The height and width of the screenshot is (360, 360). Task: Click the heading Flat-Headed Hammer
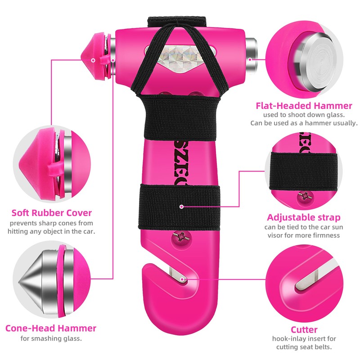tap(304, 106)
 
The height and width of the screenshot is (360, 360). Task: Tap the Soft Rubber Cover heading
tap(52, 212)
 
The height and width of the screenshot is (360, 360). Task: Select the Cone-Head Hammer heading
tap(51, 328)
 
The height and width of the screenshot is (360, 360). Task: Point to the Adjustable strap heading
tap(304, 217)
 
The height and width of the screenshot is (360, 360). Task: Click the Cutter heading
tap(304, 329)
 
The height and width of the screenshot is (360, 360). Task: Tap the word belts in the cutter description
tap(323, 347)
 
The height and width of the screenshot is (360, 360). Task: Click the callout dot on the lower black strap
tap(181, 207)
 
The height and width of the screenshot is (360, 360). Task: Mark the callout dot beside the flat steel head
tap(248, 58)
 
